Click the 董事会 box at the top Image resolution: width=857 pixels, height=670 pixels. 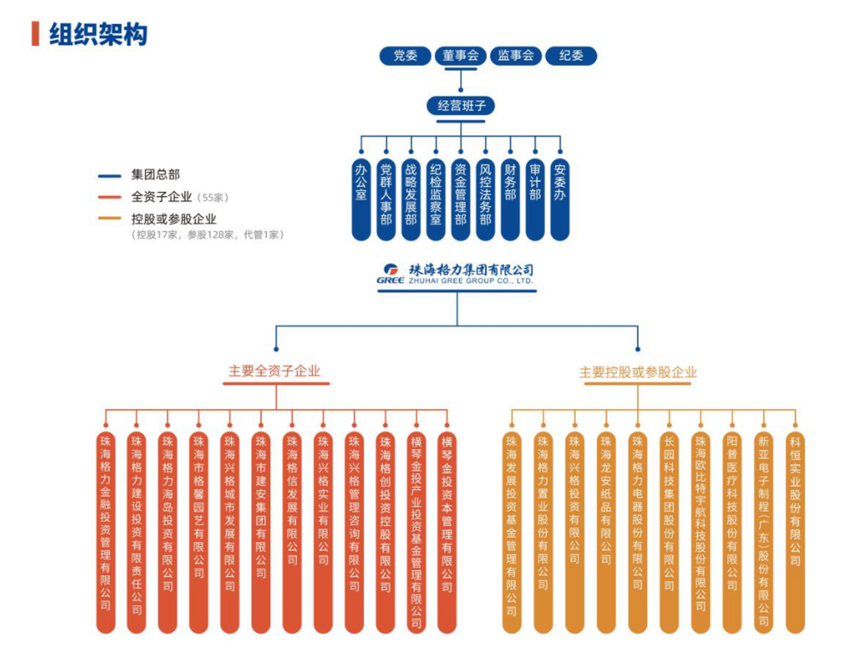tap(461, 55)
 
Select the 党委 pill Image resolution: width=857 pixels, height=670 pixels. tap(405, 55)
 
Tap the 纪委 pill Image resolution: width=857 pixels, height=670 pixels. tap(571, 55)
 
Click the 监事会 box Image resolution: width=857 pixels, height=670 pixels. tap(516, 55)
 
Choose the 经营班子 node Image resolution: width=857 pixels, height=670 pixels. tap(461, 106)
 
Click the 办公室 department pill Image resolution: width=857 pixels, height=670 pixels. tap(361, 199)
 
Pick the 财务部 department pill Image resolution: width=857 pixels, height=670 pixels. tap(510, 199)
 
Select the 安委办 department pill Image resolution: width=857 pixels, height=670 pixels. tap(560, 199)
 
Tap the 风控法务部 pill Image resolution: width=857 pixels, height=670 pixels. tap(485, 199)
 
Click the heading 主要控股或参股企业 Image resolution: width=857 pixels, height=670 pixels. tap(638, 372)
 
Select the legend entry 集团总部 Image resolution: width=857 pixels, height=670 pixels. tap(155, 175)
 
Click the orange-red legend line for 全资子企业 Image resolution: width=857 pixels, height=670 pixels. tap(109, 197)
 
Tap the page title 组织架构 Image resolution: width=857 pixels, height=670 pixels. tap(98, 35)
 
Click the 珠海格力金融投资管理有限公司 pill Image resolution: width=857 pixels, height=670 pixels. tap(106, 531)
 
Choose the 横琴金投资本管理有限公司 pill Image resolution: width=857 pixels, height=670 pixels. tap(447, 531)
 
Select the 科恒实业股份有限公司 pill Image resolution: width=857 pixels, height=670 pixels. tap(795, 531)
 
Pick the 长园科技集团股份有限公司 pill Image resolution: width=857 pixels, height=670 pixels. tap(669, 531)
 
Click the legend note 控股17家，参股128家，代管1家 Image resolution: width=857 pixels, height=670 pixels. tap(207, 234)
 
